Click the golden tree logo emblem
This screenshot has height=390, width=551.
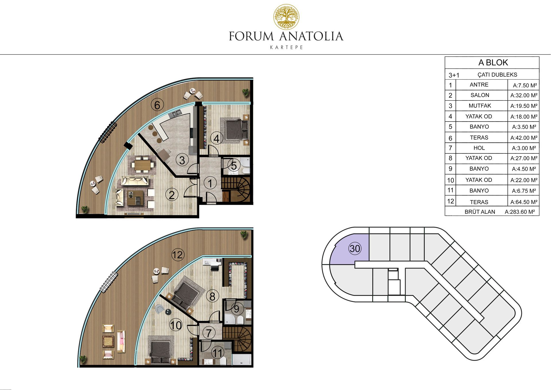pos(286,17)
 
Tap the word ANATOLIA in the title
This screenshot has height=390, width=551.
pos(311,36)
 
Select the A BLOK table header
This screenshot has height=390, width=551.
pos(493,62)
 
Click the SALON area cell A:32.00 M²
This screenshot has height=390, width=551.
pos(524,95)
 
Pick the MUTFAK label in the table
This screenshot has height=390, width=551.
pos(480,106)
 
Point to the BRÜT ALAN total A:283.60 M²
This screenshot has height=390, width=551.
pos(520,212)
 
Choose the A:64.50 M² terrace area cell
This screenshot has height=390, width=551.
pos(524,202)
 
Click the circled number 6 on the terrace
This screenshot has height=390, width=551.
pos(157,105)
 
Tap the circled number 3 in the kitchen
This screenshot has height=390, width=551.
pos(182,160)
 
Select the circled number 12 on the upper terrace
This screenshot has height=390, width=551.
pos(178,255)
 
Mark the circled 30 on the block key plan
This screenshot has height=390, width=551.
pos(355,248)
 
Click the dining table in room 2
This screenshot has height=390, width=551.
pos(143,165)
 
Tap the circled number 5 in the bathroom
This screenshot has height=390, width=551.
pos(234,166)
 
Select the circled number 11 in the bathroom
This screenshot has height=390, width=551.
pos(218,353)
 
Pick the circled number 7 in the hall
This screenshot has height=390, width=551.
pos(209,333)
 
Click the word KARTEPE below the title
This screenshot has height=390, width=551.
pos(286,47)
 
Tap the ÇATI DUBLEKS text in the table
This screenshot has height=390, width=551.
pos(497,75)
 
